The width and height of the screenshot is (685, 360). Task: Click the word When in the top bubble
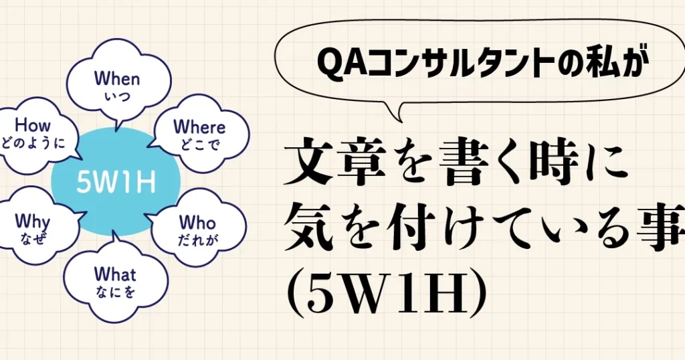click(117, 79)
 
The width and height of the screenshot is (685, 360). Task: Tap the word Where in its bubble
click(199, 126)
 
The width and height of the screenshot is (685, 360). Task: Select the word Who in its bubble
click(197, 222)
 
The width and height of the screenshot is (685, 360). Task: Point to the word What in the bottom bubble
click(115, 274)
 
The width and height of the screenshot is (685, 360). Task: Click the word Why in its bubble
click(32, 222)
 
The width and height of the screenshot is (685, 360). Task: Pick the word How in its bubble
click(33, 125)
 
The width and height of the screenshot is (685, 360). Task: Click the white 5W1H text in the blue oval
click(116, 182)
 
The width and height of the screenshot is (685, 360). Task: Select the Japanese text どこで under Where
click(199, 144)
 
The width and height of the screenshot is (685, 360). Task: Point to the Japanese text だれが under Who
click(198, 240)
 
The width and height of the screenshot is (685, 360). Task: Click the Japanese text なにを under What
click(115, 292)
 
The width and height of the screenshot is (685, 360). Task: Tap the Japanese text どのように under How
click(33, 143)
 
